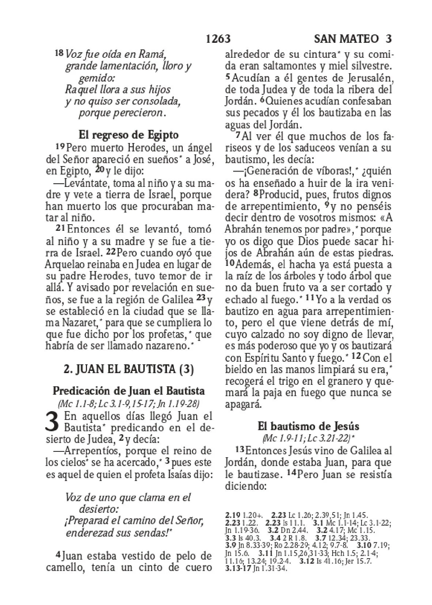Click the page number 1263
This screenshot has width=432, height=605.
[218, 39]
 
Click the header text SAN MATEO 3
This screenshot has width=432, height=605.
[353, 39]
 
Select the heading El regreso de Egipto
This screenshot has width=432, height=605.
[128, 135]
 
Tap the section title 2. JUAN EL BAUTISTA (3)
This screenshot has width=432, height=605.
[128, 368]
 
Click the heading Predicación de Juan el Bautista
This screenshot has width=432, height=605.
[129, 391]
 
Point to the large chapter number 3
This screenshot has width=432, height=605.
[53, 422]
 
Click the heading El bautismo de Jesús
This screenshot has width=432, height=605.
[308, 426]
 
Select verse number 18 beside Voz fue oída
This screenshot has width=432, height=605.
[58, 53]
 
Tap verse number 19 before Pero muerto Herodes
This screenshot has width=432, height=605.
[60, 147]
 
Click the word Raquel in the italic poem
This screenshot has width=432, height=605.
[79, 90]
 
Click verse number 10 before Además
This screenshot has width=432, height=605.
[230, 264]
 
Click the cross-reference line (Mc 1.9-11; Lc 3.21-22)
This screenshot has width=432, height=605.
[308, 438]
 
